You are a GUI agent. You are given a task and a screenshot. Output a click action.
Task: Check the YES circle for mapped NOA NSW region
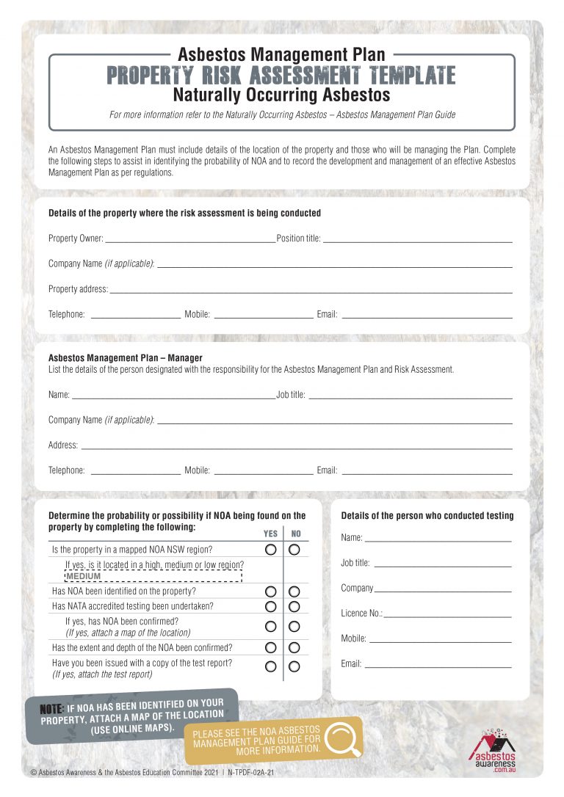[271, 550]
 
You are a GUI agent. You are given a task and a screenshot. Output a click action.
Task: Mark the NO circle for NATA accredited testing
[294, 606]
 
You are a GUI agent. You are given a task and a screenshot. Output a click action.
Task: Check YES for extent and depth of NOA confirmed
[271, 648]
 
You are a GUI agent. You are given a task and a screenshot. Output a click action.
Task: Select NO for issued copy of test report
[294, 667]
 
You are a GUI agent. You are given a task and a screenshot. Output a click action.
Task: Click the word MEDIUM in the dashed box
[83, 576]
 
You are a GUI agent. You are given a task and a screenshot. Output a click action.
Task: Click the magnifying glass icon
[343, 739]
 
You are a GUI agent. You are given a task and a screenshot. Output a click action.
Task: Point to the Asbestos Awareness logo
[492, 749]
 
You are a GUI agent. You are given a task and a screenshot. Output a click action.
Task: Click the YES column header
[270, 534]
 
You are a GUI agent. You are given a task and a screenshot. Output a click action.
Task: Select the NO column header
[296, 534]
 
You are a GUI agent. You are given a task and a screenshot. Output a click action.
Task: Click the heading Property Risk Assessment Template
[281, 76]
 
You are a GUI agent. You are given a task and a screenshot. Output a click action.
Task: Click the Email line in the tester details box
[438, 666]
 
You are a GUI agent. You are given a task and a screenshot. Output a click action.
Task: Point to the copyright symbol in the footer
[34, 773]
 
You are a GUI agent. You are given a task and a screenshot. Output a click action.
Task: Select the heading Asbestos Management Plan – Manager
[125, 358]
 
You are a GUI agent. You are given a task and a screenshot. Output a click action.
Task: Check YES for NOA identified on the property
[271, 592]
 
